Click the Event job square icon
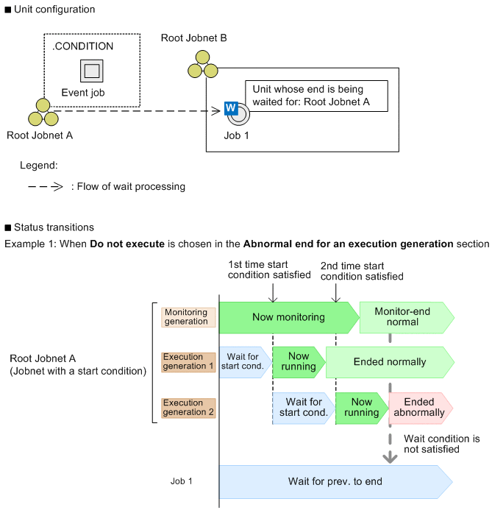[x=92, y=71]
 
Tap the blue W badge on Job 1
[x=230, y=108]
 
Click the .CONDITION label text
[x=82, y=46]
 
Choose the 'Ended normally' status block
[x=390, y=362]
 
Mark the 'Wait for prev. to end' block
[x=335, y=482]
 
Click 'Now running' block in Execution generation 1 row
[x=299, y=362]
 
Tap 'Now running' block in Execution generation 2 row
[x=361, y=408]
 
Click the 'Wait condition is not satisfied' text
[x=442, y=444]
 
